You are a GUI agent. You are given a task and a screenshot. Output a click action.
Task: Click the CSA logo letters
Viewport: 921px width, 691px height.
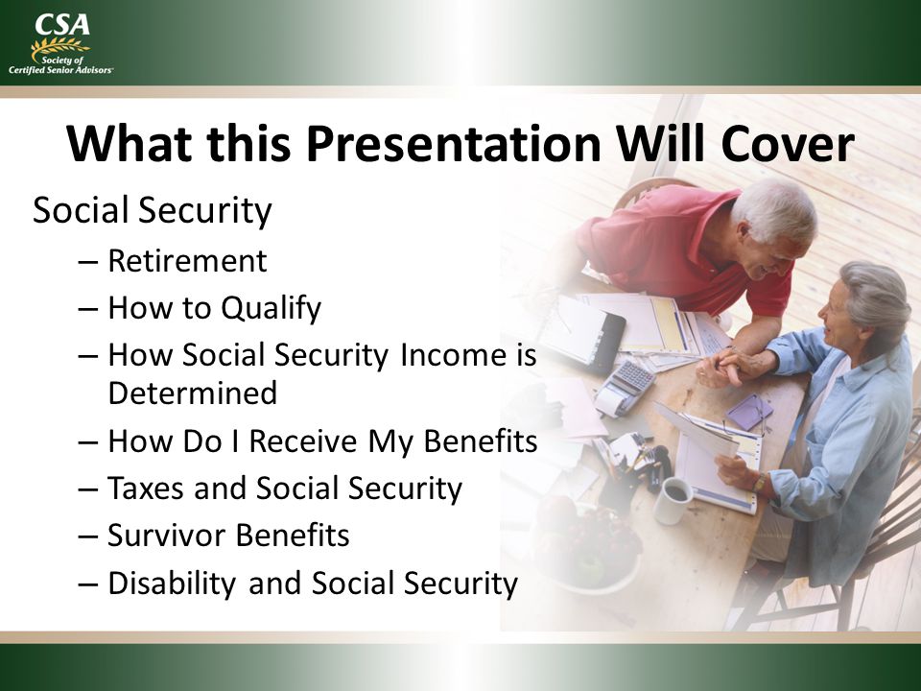(62, 25)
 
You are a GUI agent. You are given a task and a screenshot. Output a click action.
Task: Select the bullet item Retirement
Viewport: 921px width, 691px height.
(187, 261)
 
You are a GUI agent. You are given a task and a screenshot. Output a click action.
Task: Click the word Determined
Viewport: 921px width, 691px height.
(193, 393)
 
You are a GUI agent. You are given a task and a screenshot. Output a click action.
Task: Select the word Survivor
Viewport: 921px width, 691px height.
(166, 536)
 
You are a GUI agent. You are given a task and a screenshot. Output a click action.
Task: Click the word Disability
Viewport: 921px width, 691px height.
(172, 584)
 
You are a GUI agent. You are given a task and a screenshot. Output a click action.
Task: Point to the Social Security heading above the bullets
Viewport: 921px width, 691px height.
(153, 210)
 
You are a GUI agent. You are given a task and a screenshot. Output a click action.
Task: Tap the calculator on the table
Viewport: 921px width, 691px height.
(625, 387)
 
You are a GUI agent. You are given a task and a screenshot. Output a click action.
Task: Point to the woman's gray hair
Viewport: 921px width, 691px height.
(876, 299)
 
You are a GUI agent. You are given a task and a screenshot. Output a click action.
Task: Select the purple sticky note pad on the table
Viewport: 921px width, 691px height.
(749, 411)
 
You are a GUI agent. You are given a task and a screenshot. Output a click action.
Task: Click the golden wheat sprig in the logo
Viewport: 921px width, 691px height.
(59, 47)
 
